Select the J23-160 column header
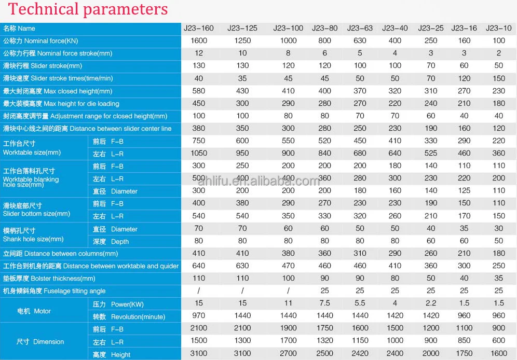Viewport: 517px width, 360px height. point(199,28)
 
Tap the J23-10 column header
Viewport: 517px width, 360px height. point(498,28)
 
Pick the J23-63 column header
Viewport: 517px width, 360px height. point(360,28)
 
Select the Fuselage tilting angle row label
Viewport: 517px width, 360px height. point(55,291)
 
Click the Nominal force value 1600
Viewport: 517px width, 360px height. point(199,40)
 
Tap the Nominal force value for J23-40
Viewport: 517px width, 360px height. point(395,40)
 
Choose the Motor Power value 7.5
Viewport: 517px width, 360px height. point(324,303)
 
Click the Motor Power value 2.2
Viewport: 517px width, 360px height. point(431,303)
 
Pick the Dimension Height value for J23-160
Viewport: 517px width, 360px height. point(199,354)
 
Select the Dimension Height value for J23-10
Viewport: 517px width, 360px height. point(498,354)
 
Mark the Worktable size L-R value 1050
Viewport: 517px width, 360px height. point(199,153)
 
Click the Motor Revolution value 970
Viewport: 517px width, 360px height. point(199,316)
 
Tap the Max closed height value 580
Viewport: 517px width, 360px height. point(199,91)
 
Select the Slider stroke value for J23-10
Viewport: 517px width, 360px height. point(498,66)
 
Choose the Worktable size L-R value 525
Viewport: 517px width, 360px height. point(431,153)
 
